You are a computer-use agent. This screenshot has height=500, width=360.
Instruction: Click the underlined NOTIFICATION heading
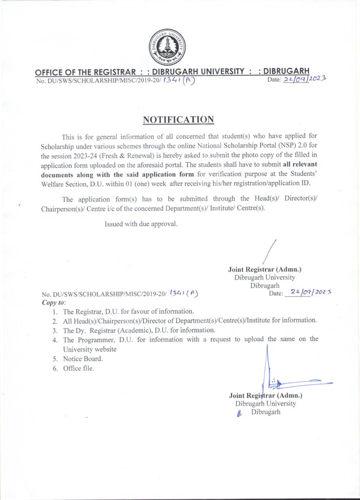click(178, 120)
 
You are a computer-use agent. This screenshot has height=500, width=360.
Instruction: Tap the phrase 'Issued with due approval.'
click(141, 224)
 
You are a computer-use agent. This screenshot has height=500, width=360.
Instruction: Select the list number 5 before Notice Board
click(55, 359)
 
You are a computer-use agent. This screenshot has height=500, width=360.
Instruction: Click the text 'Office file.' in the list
click(78, 368)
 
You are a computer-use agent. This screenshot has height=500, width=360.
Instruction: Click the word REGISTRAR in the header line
click(112, 72)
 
